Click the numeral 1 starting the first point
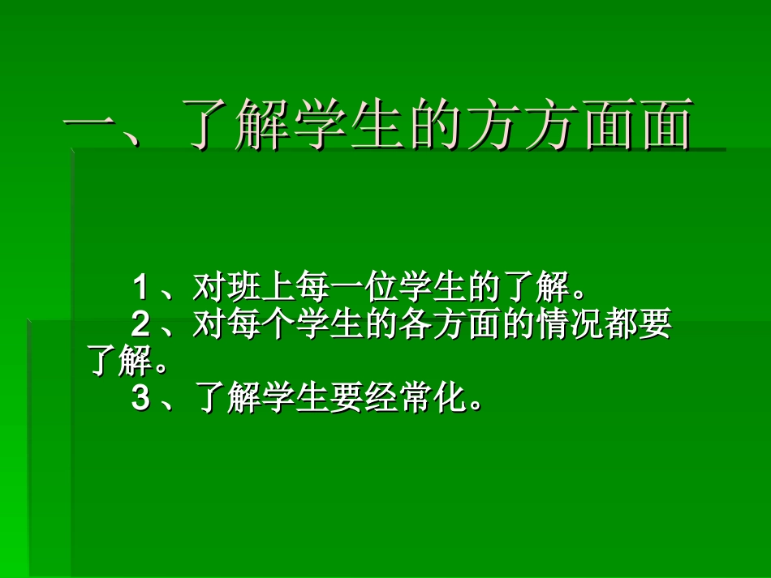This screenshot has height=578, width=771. [140, 286]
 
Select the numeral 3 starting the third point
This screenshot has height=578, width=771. [140, 399]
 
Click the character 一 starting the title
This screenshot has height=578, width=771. [93, 126]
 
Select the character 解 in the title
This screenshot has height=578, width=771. [259, 126]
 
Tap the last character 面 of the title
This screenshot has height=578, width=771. [664, 126]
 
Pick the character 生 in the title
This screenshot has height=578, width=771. [372, 126]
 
